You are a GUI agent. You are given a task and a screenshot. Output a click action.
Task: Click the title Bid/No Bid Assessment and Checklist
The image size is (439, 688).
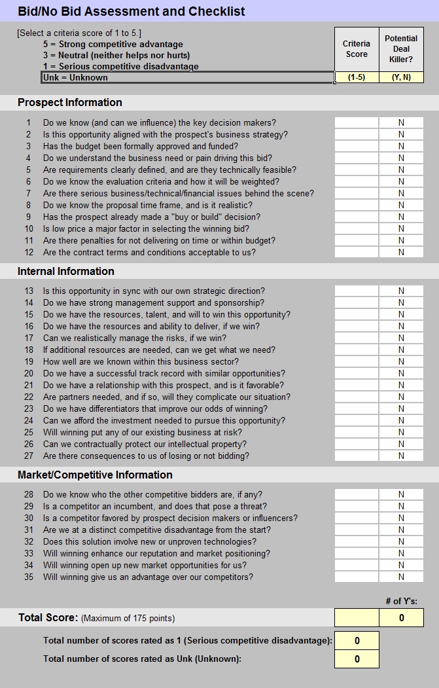[132, 11]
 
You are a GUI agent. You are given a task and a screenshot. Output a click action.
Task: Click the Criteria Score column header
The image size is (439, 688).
[357, 49]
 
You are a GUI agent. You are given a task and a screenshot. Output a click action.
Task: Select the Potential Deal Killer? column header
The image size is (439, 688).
[401, 49]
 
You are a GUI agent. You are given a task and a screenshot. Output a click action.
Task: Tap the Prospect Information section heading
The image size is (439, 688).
[70, 102]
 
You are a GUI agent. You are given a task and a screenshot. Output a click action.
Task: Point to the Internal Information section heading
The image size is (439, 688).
[66, 271]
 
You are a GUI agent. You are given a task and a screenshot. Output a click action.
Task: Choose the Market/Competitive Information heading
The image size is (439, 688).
[96, 475]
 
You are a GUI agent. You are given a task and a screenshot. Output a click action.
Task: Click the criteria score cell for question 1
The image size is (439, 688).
[357, 122]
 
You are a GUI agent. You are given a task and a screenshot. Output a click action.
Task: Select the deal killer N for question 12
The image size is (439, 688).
[401, 252]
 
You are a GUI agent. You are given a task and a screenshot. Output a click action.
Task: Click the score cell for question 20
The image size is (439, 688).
[357, 373]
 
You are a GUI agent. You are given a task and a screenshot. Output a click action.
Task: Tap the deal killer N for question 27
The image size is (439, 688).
[401, 456]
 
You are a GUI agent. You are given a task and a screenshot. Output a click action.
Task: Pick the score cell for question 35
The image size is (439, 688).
[357, 577]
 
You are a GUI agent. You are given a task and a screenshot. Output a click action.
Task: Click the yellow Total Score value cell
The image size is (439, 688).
[357, 617]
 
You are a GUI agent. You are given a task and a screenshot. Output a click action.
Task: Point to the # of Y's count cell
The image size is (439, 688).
[401, 617]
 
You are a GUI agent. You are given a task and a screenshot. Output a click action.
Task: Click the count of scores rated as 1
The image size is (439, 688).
[357, 640]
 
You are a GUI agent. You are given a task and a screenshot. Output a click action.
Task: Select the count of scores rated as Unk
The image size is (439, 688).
[357, 659]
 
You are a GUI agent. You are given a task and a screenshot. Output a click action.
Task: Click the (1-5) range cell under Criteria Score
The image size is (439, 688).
[357, 77]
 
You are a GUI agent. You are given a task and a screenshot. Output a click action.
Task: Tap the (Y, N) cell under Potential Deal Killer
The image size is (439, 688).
[401, 77]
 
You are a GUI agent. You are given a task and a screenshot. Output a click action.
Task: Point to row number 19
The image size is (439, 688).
[29, 361]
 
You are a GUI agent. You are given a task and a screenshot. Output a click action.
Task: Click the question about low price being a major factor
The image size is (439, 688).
[146, 228]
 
